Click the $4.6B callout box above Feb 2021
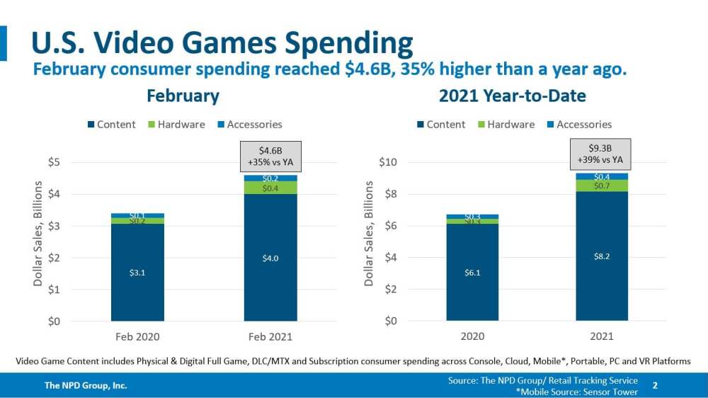click(270, 155)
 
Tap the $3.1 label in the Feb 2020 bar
click(137, 272)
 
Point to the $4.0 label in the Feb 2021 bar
click(270, 258)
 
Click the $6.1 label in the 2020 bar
click(472, 272)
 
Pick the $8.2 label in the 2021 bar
click(602, 256)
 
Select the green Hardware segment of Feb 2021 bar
click(270, 188)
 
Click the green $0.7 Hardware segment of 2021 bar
click(602, 186)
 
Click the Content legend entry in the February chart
click(111, 125)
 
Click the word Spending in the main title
click(349, 44)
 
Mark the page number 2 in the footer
click(655, 386)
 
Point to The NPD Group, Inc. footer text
click(86, 386)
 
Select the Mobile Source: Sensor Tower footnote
click(576, 392)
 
